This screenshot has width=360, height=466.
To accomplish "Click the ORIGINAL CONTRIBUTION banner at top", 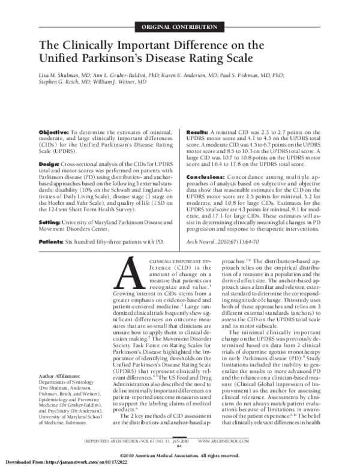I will click(179, 28).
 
